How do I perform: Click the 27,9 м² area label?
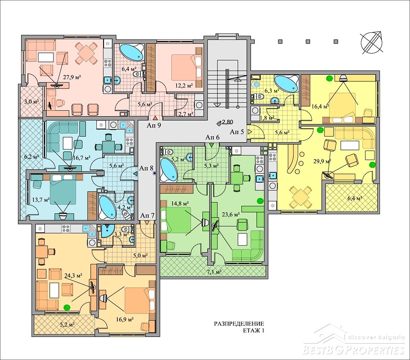pyautogui.click(x=72, y=77)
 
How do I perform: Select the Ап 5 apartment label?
pyautogui.click(x=237, y=132)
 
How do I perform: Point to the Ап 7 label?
pyautogui.click(x=148, y=216)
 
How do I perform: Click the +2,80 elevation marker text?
pyautogui.click(x=225, y=122)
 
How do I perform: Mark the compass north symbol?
pyautogui.click(x=372, y=43)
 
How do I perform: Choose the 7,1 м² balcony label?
pyautogui.click(x=214, y=272)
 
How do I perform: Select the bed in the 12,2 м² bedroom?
pyautogui.click(x=187, y=67)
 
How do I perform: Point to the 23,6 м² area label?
pyautogui.click(x=231, y=215)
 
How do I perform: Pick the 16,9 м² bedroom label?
pyautogui.click(x=125, y=319)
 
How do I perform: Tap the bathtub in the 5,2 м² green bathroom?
pyautogui.click(x=169, y=170)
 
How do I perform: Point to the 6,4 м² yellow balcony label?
pyautogui.click(x=354, y=198)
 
